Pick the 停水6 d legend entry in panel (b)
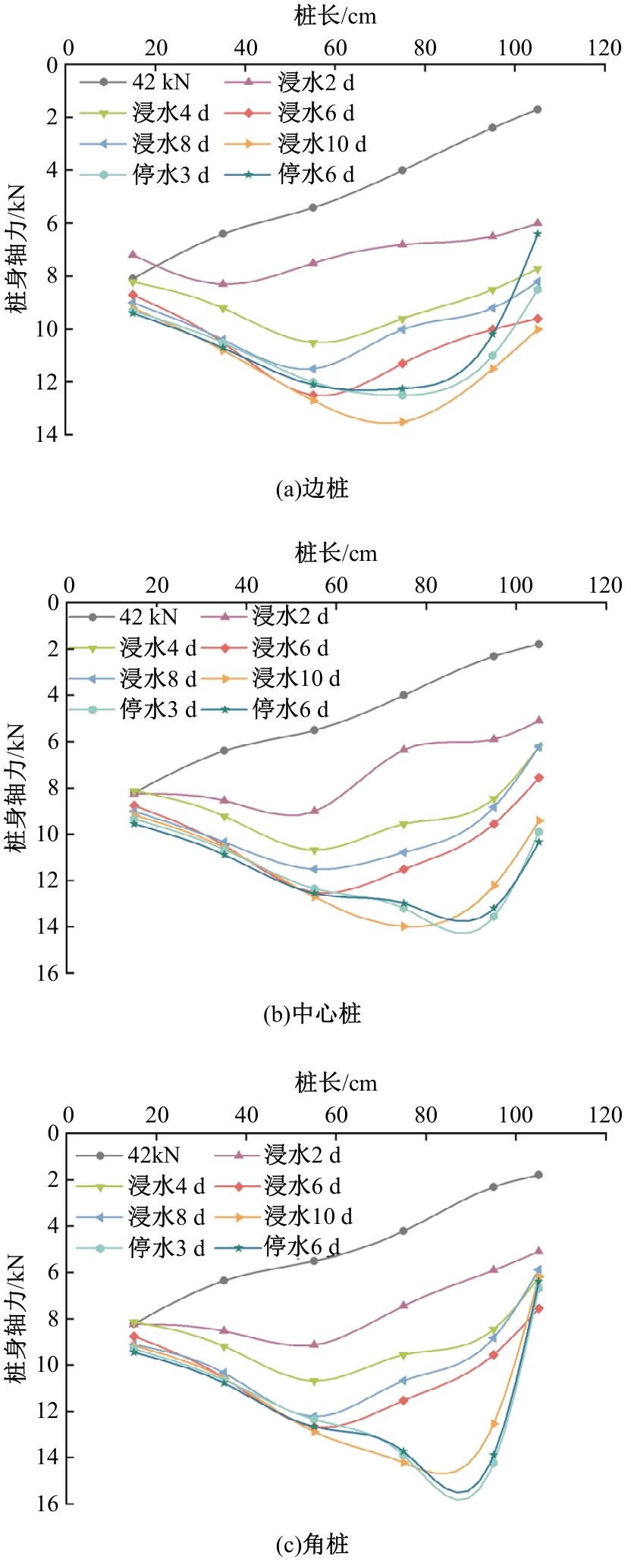click(277, 709)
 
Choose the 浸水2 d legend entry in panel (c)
click(278, 1155)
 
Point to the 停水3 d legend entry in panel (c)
click(141, 1247)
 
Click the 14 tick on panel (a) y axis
click(52, 434)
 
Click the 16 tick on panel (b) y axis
click(52, 972)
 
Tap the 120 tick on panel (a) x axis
click(604, 49)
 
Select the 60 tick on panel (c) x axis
click(336, 1116)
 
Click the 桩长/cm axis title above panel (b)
click(336, 552)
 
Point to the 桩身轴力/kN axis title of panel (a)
click(17, 248)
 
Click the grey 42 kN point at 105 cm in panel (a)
click(538, 109)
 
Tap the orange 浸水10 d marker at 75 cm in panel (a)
click(403, 421)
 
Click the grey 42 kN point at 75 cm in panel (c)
click(403, 1231)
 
